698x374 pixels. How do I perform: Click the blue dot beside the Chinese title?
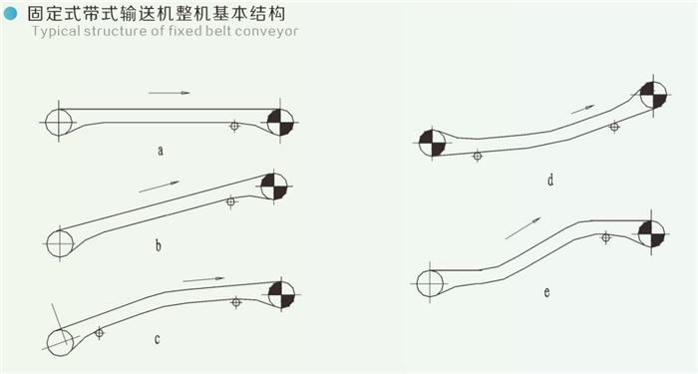(x=10, y=14)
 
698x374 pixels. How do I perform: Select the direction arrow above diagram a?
(x=170, y=93)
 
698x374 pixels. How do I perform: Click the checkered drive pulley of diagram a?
(x=280, y=122)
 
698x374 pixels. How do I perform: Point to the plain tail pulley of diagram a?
(x=59, y=122)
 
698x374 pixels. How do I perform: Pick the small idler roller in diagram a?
(x=234, y=126)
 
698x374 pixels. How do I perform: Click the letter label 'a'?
(x=161, y=151)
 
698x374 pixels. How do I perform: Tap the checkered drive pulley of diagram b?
(x=274, y=187)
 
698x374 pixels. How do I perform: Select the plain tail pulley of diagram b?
(x=60, y=243)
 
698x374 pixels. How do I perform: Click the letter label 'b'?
(x=158, y=245)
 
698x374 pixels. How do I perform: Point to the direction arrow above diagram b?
(x=160, y=187)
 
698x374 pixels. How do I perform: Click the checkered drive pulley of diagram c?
(x=281, y=295)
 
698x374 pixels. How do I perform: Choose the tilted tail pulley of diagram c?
(x=61, y=342)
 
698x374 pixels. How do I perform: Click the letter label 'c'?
(x=158, y=339)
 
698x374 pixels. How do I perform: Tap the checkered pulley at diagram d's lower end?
(x=432, y=143)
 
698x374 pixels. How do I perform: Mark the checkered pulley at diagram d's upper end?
(x=653, y=95)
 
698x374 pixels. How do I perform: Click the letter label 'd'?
(x=550, y=180)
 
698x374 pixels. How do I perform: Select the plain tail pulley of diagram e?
(x=430, y=283)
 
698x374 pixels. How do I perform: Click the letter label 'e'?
(x=546, y=292)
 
